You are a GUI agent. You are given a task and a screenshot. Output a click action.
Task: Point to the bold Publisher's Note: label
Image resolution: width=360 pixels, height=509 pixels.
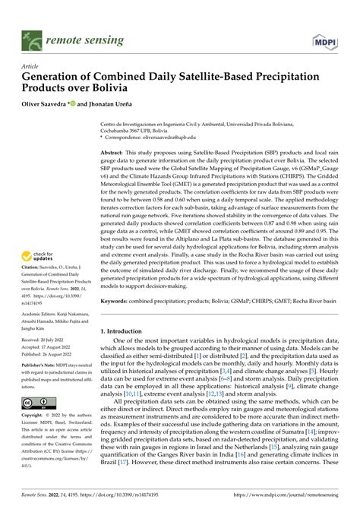click(43, 388)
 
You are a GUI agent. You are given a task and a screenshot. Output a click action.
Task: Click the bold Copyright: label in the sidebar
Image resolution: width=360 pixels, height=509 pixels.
click(34, 438)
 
